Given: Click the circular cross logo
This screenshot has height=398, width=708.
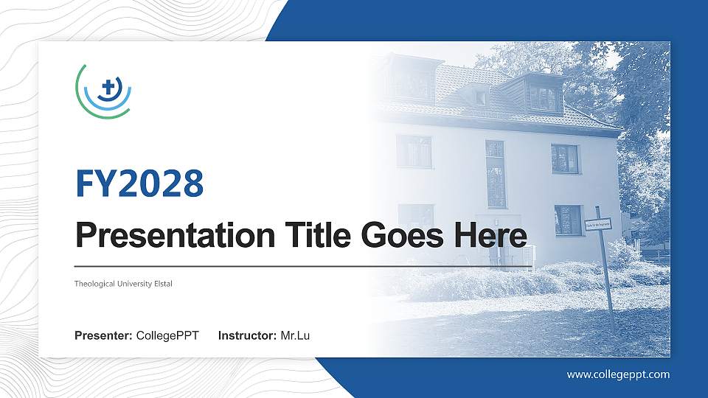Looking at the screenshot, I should click(104, 90).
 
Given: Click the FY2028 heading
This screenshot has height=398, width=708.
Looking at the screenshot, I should click(139, 184).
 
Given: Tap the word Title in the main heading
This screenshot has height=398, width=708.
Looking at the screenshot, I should click(310, 236).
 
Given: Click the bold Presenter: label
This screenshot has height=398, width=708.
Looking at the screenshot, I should click(103, 336).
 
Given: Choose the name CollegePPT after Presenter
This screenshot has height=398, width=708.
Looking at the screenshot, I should click(167, 336).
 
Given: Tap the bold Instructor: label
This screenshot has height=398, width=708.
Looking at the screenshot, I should click(248, 336).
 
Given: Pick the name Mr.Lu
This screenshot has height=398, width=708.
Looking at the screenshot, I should click(295, 336).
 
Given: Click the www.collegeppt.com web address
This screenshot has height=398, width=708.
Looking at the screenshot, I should click(618, 374).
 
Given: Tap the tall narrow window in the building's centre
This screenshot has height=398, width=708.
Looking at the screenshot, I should click(496, 174).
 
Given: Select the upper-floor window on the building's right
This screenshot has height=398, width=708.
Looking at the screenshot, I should click(565, 158).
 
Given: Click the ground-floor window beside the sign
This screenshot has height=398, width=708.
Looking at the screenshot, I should click(568, 220).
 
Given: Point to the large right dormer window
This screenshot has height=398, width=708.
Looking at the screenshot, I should click(544, 97).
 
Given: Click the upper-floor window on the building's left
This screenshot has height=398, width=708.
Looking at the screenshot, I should click(414, 151).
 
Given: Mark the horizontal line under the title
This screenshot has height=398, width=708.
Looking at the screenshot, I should click(303, 265).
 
